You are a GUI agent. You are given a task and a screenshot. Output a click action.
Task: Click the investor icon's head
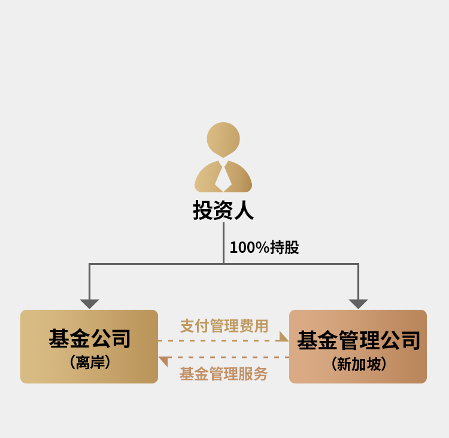click(x=223, y=140)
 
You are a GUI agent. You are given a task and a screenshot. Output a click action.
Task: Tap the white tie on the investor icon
click(x=223, y=176)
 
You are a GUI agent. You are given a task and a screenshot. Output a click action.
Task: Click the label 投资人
click(x=223, y=210)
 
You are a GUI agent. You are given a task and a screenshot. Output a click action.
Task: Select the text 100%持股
click(x=264, y=247)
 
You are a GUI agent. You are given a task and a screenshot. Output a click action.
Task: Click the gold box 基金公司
click(x=89, y=346)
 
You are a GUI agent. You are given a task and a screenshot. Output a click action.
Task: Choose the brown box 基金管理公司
click(x=358, y=346)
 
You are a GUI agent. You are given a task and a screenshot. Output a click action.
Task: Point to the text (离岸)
click(x=90, y=363)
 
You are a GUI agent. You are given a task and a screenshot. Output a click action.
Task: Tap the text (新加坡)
click(x=359, y=364)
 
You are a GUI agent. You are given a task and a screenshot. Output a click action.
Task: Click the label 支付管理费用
click(x=224, y=326)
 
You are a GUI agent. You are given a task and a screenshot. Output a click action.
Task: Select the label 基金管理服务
click(x=223, y=374)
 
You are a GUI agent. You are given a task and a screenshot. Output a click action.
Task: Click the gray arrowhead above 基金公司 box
click(x=89, y=304)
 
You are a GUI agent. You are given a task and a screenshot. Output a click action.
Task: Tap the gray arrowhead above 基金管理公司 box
click(x=358, y=304)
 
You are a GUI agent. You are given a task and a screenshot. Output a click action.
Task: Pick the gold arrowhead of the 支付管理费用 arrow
click(x=283, y=337)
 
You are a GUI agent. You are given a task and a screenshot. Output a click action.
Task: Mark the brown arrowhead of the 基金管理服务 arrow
click(x=164, y=361)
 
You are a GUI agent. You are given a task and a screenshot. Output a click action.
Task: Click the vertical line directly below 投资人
click(x=223, y=243)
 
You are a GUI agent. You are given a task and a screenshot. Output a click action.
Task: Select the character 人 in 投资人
click(x=244, y=210)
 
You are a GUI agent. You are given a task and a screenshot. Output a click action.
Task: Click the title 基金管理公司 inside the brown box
click(x=359, y=340)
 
